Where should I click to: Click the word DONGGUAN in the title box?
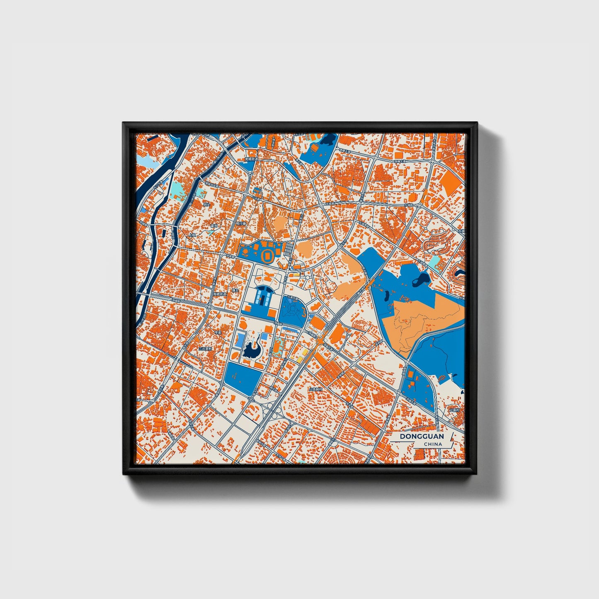(422, 437)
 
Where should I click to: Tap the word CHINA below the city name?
(433, 444)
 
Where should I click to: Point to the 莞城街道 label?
(251, 159)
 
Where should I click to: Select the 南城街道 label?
(220, 293)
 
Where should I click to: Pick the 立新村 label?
(456, 410)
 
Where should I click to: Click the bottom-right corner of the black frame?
(477, 473)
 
